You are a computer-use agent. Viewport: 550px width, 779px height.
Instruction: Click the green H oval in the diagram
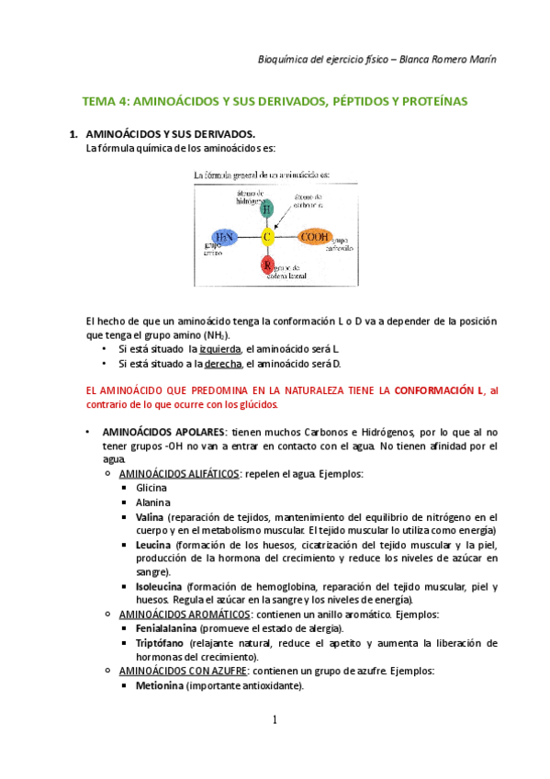click(266, 209)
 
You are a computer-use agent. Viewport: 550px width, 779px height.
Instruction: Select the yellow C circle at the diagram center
click(267, 237)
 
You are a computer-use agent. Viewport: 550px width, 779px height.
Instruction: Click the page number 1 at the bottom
click(275, 719)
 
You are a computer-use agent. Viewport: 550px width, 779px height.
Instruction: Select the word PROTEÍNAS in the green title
click(432, 100)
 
